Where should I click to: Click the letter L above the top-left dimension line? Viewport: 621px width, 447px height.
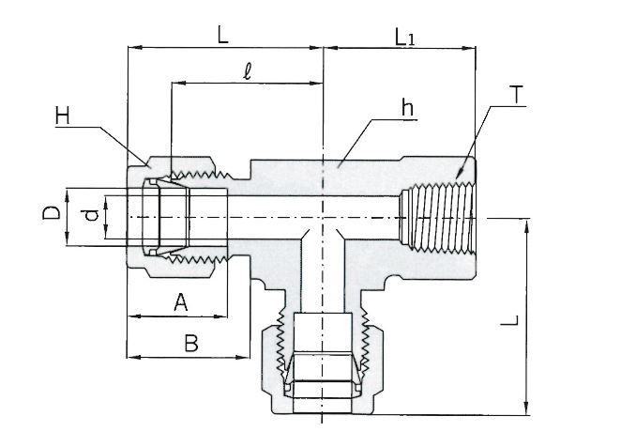(x=222, y=35)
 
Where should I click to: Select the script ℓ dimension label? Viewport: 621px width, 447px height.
(x=246, y=70)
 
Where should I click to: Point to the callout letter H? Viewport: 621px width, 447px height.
(x=63, y=116)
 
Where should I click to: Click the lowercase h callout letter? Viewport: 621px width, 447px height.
(x=407, y=107)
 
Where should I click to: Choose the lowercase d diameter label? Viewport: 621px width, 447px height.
(x=90, y=216)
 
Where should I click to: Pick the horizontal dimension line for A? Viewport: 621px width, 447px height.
(x=178, y=315)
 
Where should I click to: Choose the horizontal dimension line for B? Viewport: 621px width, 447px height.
(x=189, y=357)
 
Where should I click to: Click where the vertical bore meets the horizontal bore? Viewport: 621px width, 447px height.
(x=323, y=217)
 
